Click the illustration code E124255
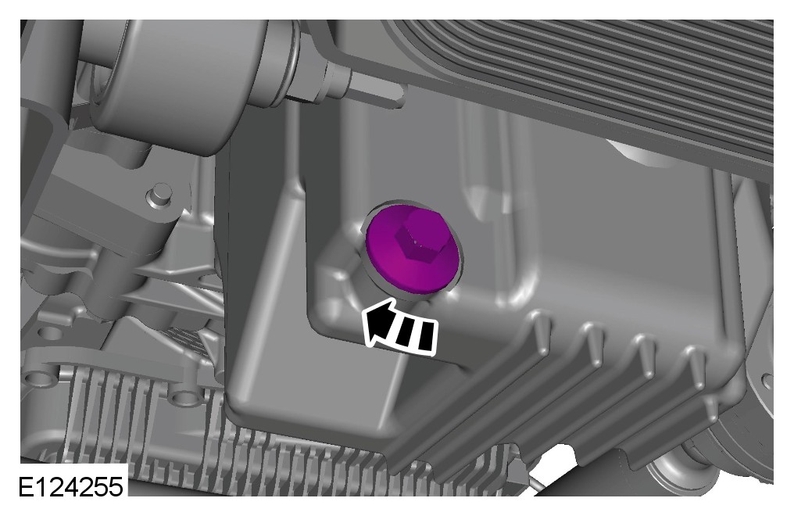click(x=71, y=486)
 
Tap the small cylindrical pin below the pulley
click(x=159, y=195)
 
